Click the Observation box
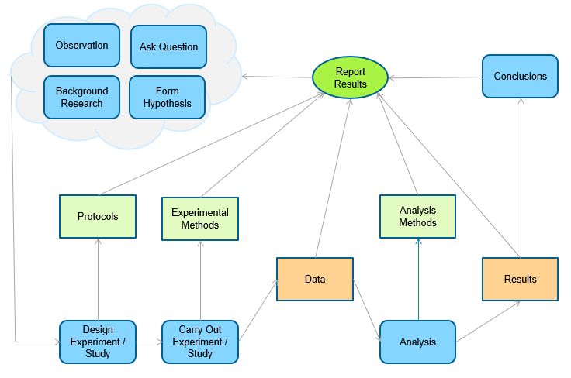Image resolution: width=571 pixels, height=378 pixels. pyautogui.click(x=81, y=45)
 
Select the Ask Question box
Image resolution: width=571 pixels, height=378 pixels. pyautogui.click(x=168, y=46)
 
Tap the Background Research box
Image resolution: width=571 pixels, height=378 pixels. pyautogui.click(x=81, y=97)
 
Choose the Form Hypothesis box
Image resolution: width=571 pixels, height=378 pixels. pyautogui.click(x=167, y=97)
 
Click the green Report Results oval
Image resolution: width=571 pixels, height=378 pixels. pyautogui.click(x=351, y=77)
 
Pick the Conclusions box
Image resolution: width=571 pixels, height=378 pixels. pyautogui.click(x=520, y=76)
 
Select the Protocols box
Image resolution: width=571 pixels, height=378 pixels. pyautogui.click(x=98, y=216)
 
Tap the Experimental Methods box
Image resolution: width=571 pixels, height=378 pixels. pyautogui.click(x=200, y=218)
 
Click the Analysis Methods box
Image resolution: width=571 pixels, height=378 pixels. pyautogui.click(x=417, y=216)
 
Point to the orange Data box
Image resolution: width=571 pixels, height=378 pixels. pyautogui.click(x=315, y=279)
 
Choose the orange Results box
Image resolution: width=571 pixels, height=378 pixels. pyautogui.click(x=520, y=279)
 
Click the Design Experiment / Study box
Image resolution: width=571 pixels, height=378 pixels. pyautogui.click(x=98, y=342)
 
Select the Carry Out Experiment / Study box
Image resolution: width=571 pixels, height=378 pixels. pyautogui.click(x=200, y=342)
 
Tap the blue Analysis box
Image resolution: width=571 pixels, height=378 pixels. pyautogui.click(x=417, y=342)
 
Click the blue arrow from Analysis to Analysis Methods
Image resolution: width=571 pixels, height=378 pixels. pyautogui.click(x=417, y=279)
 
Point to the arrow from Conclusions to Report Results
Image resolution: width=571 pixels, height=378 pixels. pyautogui.click(x=434, y=77)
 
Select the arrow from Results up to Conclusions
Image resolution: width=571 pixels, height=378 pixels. pyautogui.click(x=520, y=178)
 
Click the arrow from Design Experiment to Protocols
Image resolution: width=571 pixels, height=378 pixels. pyautogui.click(x=98, y=279)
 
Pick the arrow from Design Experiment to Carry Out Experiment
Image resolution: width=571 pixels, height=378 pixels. pyautogui.click(x=149, y=342)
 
